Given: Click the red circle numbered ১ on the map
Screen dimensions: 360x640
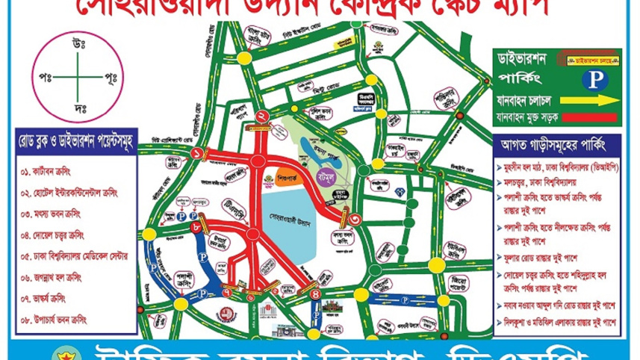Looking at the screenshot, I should point(198,154).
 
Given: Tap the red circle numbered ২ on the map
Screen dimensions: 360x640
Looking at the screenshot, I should point(261,116).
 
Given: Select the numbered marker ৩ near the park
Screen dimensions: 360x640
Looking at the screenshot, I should point(355,220).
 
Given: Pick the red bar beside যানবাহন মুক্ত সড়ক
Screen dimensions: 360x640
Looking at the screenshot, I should point(594,118).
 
